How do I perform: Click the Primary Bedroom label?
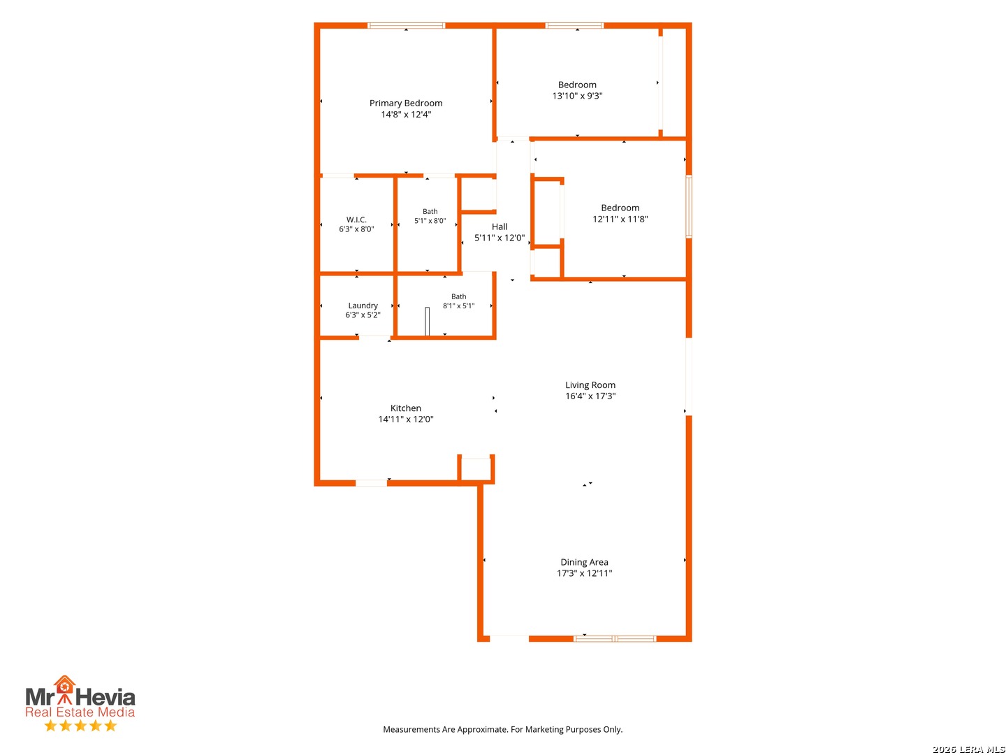point(406,103)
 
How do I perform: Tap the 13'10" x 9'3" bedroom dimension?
point(577,96)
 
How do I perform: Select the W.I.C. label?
point(356,220)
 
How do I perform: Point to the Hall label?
point(499,226)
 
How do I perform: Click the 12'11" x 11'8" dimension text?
point(620,219)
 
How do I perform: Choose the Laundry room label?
point(363,305)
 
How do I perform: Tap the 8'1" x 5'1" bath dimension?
point(458,305)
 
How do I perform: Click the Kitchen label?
point(405,408)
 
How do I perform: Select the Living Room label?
point(590,385)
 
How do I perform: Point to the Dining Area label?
point(584,562)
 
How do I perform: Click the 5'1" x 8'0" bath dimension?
point(430,220)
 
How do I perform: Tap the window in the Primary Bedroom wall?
point(406,26)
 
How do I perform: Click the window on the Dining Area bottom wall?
point(614,638)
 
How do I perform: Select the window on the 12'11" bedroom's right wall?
point(688,206)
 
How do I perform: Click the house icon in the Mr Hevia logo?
point(64,684)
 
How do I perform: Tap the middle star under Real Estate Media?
point(80,726)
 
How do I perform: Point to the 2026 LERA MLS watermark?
point(968,749)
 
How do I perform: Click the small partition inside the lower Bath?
point(427,322)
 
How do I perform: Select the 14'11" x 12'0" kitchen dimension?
point(405,419)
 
